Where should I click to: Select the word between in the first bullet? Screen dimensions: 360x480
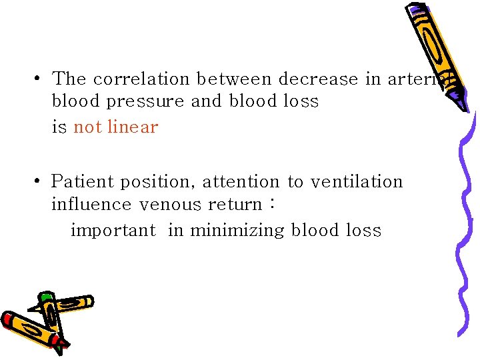tap(234, 79)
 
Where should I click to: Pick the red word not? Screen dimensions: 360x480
tap(86, 127)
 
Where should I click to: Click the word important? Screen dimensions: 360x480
tap(113, 231)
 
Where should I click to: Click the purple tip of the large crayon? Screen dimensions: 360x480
tap(459, 103)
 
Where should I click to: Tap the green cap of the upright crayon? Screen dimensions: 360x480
tap(45, 298)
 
